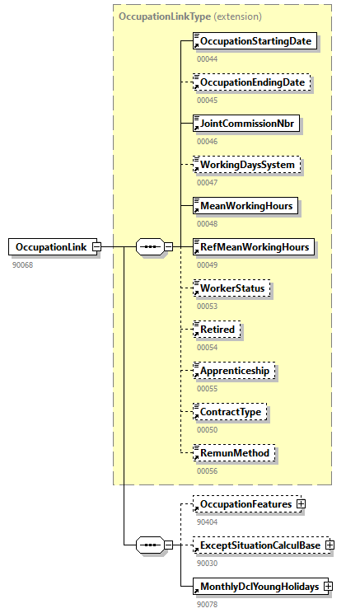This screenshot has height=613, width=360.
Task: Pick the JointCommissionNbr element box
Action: [245, 124]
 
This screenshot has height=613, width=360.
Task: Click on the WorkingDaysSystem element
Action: [246, 165]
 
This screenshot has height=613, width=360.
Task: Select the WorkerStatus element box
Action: [231, 288]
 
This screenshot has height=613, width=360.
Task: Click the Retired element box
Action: [217, 330]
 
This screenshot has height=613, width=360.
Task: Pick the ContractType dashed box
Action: [231, 411]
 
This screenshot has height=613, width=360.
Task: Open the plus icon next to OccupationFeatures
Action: [301, 503]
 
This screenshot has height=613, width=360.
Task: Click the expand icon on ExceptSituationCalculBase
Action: [330, 545]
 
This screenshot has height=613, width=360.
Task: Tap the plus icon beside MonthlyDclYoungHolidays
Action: [327, 586]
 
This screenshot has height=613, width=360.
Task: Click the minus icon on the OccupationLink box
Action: [96, 246]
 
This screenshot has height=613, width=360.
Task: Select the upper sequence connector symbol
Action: [149, 246]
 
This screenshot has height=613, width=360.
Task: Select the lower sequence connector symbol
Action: [149, 545]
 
